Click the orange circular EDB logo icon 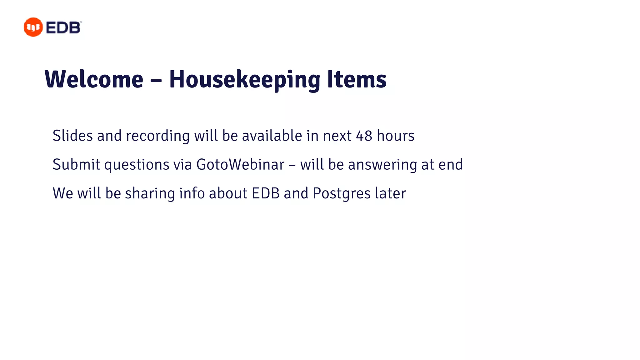coord(33,27)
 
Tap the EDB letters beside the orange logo coord(63,27)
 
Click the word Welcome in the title coord(94,79)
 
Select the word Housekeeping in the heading coord(245,80)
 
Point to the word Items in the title coord(357,79)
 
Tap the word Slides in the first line coord(72,136)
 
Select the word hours coord(396,136)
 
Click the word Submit coord(76,164)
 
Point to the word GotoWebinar coord(240,164)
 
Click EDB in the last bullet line coord(266,193)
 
